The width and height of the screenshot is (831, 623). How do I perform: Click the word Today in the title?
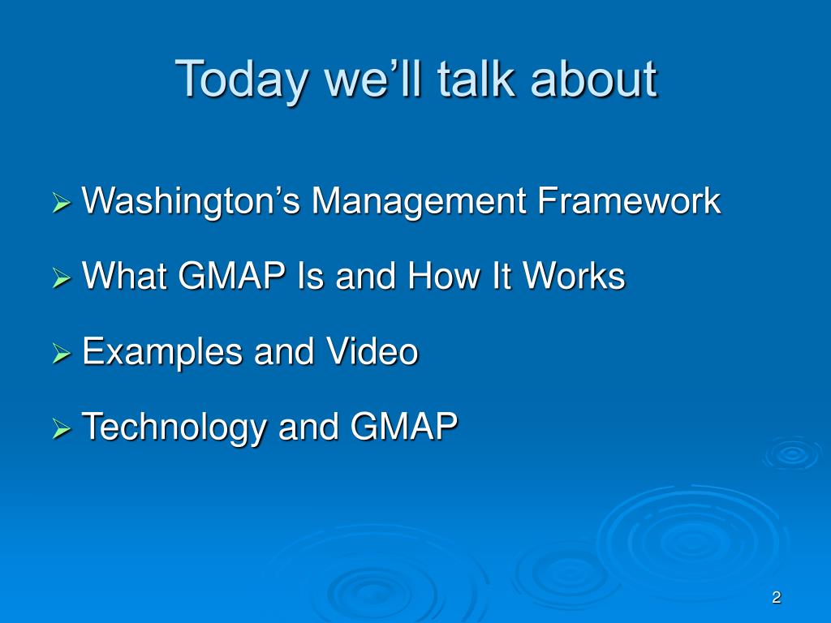[241, 80]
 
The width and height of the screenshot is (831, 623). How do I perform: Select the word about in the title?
[593, 79]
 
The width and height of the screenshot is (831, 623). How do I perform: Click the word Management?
[419, 202]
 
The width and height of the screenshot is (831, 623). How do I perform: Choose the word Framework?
[629, 201]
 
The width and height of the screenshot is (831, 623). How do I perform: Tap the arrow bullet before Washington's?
[62, 202]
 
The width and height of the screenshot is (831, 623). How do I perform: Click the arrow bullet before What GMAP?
[62, 277]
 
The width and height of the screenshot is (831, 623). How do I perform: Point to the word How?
[444, 276]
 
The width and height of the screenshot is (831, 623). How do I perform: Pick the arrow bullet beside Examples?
[62, 353]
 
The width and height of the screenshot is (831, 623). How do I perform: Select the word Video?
[372, 350]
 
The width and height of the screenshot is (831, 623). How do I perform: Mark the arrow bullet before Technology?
[62, 428]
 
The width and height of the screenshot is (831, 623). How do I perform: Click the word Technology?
[174, 428]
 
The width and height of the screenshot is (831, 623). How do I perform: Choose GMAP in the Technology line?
[404, 426]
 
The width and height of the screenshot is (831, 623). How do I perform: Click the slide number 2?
[777, 598]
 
